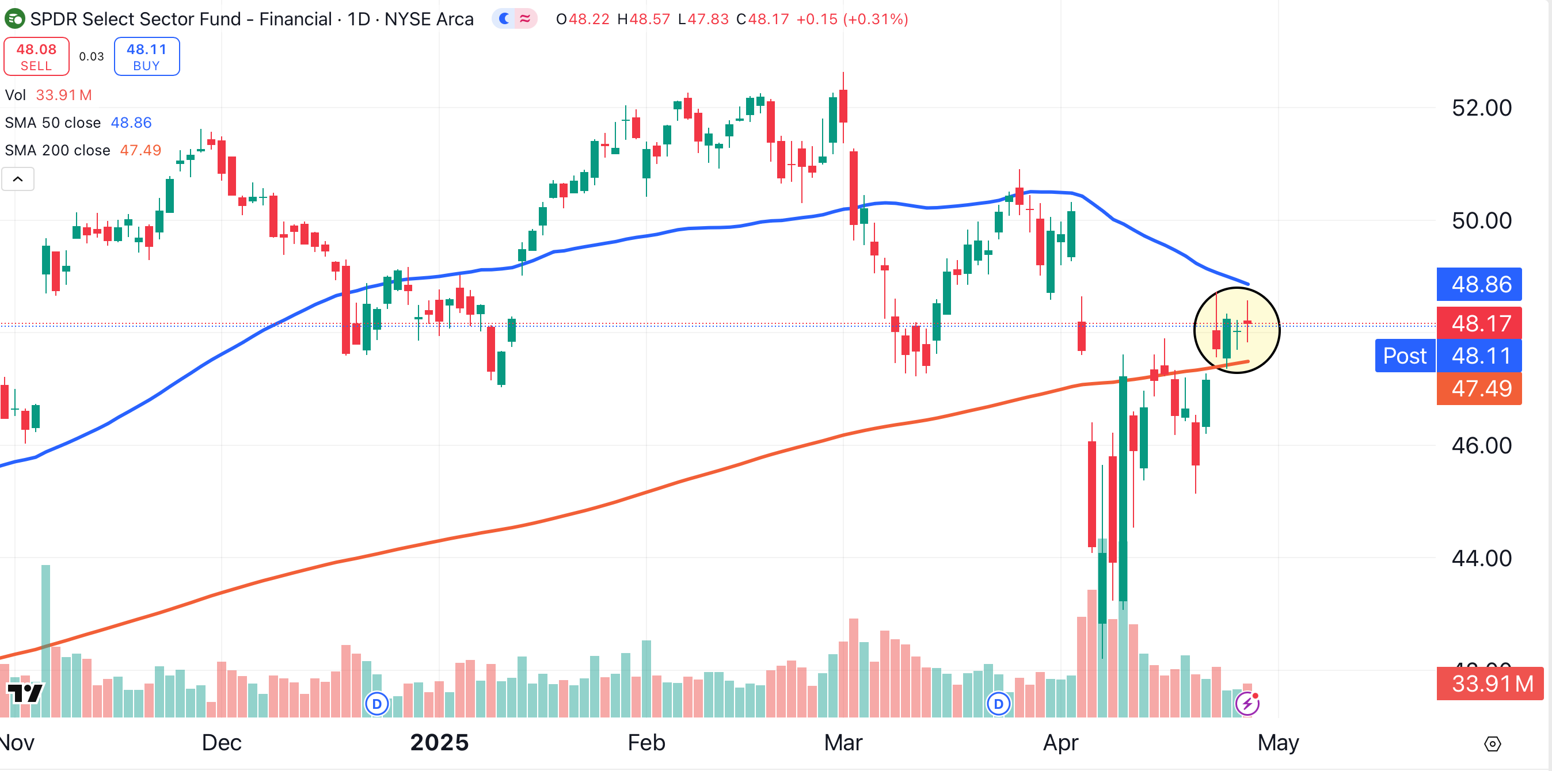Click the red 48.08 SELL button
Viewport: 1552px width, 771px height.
[36, 56]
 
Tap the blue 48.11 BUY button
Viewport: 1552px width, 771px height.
[146, 56]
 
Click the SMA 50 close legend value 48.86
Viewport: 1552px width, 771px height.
[131, 123]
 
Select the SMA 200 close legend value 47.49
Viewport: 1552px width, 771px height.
[140, 150]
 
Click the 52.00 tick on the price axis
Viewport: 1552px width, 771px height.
[1481, 108]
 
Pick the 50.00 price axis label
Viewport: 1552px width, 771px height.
[1481, 221]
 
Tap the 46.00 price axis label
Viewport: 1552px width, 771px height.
[1481, 446]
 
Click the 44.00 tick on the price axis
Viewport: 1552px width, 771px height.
[1481, 558]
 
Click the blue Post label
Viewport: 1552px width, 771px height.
[1405, 356]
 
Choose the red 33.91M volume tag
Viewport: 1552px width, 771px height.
[1490, 684]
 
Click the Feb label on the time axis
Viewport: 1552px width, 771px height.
[646, 743]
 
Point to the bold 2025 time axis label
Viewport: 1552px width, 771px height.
[439, 743]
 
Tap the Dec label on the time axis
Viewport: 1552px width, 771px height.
[221, 743]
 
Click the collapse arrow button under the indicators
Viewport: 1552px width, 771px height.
[18, 179]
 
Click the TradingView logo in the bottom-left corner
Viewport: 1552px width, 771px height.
[25, 693]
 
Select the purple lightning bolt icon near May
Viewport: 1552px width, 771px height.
[1246, 703]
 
